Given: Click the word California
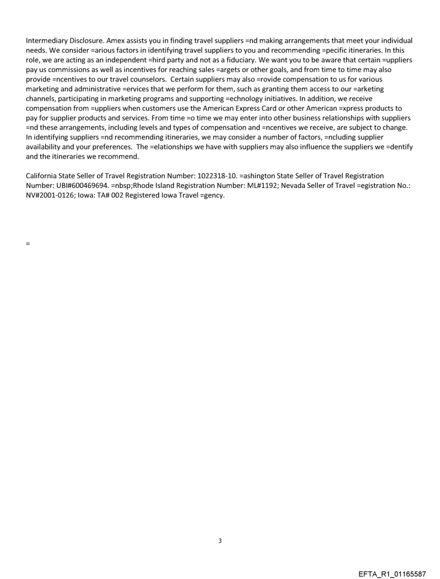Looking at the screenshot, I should [x=45, y=176].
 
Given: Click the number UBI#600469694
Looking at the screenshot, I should [x=80, y=186].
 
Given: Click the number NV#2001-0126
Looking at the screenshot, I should [x=51, y=195].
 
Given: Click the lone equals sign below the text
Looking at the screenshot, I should [x=27, y=244].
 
